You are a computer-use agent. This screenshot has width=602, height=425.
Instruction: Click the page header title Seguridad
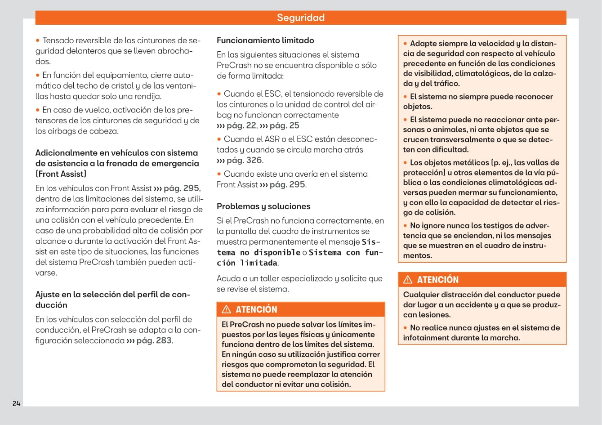click(300, 18)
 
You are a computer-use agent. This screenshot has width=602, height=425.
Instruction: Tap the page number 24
click(16, 403)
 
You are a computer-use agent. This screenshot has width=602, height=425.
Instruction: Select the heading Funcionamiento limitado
click(265, 40)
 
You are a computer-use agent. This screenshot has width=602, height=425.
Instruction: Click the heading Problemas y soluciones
click(263, 206)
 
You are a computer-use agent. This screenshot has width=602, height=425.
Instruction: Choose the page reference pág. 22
click(241, 126)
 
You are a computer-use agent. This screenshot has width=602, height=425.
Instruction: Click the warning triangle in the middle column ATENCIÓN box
click(227, 309)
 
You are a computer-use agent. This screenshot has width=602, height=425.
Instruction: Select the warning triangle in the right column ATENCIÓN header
click(408, 280)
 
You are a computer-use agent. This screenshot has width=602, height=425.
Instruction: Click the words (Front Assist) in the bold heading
click(61, 174)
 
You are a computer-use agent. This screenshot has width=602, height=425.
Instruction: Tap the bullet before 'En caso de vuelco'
click(38, 110)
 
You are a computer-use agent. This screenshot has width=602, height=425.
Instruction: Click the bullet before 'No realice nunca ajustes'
click(406, 328)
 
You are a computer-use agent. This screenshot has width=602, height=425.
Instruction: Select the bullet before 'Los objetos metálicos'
click(406, 163)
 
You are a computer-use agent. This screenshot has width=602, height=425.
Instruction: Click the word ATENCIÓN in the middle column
click(256, 309)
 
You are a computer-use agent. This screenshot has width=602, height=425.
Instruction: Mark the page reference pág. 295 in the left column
click(181, 188)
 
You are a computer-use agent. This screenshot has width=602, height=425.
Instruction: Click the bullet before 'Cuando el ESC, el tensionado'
click(219, 94)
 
